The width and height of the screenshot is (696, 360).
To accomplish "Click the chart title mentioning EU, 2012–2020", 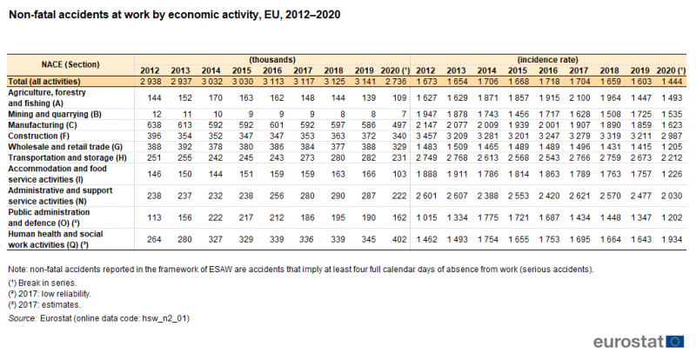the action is [175, 15].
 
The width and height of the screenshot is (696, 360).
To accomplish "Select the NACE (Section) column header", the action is [70, 65].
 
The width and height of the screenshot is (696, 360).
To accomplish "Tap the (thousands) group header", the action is [272, 59].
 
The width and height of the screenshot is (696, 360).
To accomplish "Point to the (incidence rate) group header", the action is [547, 59].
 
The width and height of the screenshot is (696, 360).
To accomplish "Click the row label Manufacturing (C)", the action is [36, 125].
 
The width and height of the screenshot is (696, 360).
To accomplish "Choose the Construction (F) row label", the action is [33, 136].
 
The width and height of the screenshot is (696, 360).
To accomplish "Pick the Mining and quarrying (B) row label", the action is [55, 114].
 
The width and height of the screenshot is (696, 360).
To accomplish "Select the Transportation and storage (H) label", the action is [67, 157].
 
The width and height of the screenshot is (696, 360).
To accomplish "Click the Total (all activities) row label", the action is [44, 82].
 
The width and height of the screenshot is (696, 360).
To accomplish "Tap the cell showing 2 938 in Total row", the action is [151, 82].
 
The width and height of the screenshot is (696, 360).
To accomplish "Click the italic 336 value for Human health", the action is [306, 240].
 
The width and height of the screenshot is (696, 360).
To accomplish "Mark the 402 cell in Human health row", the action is [399, 240].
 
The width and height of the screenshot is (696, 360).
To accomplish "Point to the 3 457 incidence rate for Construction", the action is [426, 136].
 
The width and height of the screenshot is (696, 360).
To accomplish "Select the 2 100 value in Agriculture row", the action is [579, 98].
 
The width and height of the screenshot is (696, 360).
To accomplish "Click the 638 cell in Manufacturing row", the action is [154, 125].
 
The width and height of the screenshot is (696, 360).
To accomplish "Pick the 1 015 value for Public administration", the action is [426, 218].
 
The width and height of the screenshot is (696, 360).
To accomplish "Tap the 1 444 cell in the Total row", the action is [672, 82].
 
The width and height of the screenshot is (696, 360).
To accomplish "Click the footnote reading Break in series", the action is [42, 283].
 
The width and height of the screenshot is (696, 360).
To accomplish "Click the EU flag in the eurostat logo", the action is [675, 342].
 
